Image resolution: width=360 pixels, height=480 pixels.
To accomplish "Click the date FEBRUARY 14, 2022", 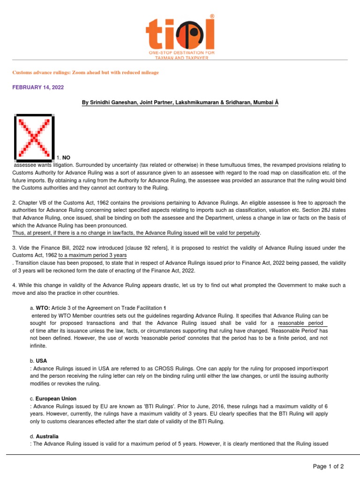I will click(38, 88).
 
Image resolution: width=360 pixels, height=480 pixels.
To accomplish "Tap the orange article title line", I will click(85, 73).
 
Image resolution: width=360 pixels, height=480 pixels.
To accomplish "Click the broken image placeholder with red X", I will click(33, 136).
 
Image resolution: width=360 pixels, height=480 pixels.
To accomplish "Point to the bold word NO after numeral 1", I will click(66, 157).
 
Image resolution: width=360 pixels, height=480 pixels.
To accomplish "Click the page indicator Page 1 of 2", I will click(329, 466).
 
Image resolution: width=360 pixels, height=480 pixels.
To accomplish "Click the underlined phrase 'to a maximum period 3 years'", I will click(93, 255).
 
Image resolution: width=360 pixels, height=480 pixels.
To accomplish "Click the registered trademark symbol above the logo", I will click(212, 16).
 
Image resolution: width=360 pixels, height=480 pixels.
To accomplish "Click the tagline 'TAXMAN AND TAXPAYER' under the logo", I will click(182, 58).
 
